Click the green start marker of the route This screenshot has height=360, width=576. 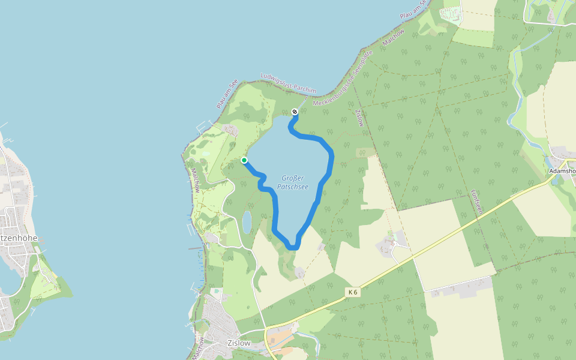(x=244, y=160)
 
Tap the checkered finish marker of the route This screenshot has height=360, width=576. (x=295, y=112)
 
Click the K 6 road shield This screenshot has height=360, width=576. (x=353, y=292)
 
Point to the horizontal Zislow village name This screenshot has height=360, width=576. (x=238, y=343)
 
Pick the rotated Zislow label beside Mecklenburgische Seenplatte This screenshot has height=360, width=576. (x=359, y=118)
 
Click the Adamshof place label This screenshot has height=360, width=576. (x=563, y=171)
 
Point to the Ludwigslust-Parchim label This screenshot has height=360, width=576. (x=288, y=84)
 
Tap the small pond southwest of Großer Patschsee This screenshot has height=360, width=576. (x=247, y=221)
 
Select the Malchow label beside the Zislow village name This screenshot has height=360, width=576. (x=200, y=348)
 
